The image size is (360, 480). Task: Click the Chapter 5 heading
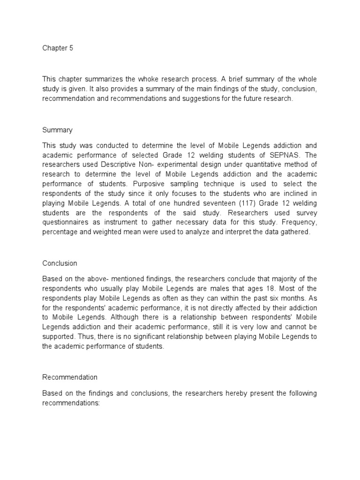pos(58,48)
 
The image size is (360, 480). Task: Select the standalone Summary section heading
pos(57,129)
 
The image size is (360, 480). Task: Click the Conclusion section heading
pos(60,263)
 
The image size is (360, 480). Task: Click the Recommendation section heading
pos(70,377)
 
